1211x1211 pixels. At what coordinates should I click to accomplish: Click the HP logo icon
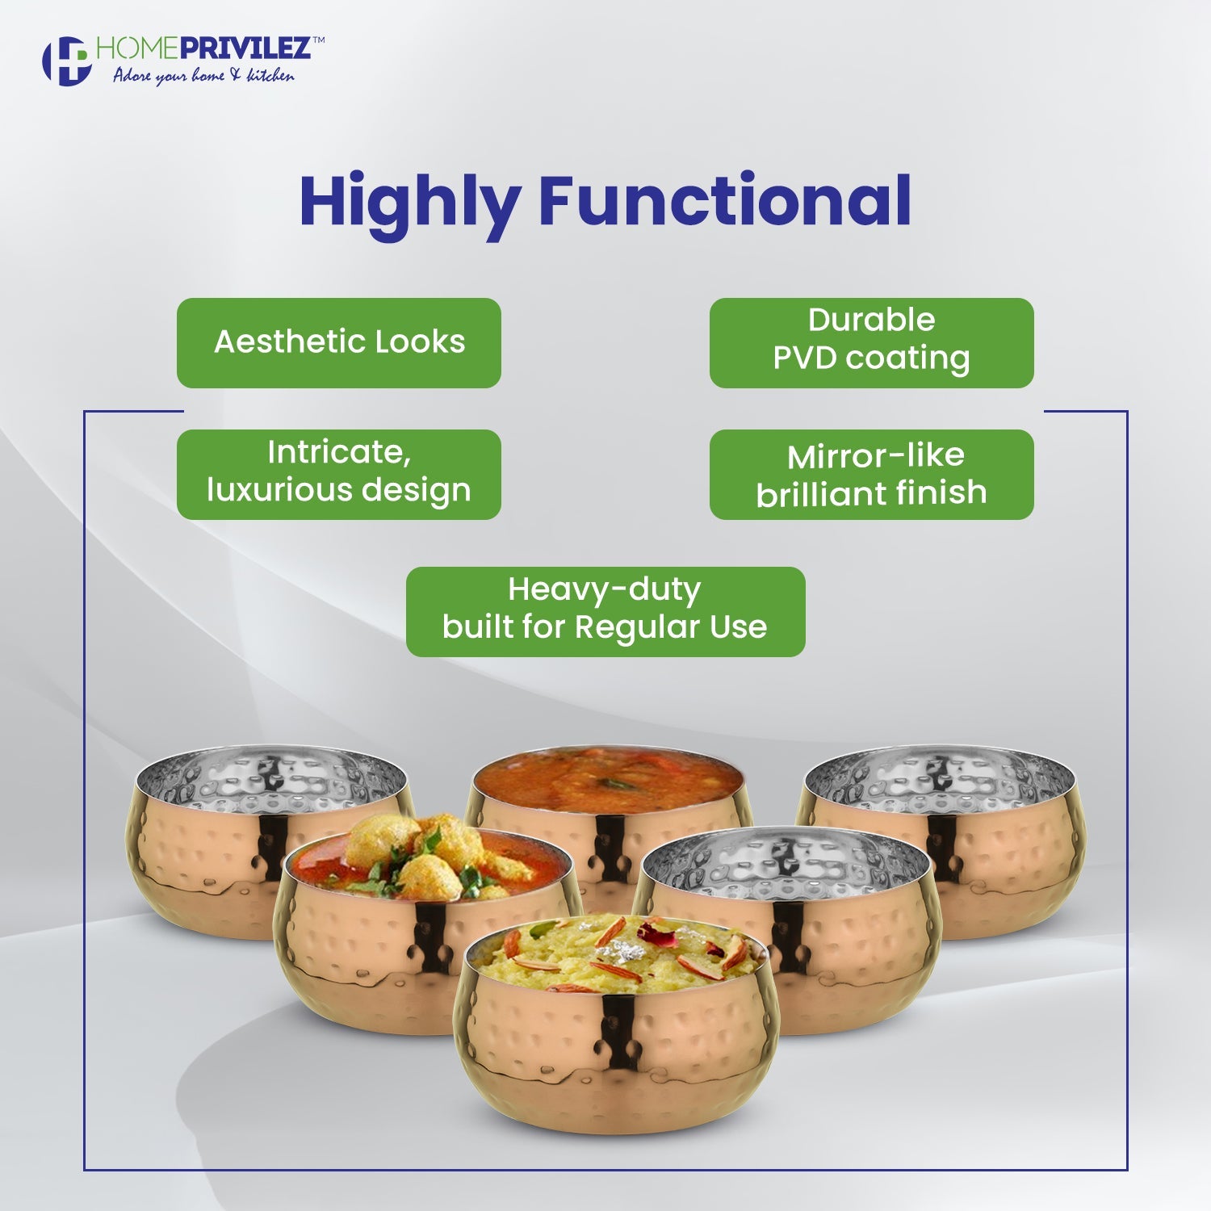66,61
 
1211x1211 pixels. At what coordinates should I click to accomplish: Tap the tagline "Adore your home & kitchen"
203,75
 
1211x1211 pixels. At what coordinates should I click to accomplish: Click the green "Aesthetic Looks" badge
339,342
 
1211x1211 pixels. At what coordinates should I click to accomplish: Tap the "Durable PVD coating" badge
872,342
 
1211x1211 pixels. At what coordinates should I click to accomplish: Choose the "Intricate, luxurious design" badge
339,474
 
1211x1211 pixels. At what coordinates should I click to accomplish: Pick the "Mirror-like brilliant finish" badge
872,474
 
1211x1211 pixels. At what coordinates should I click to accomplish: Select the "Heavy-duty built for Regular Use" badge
605,611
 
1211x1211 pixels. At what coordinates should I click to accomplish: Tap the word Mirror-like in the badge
875,456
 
